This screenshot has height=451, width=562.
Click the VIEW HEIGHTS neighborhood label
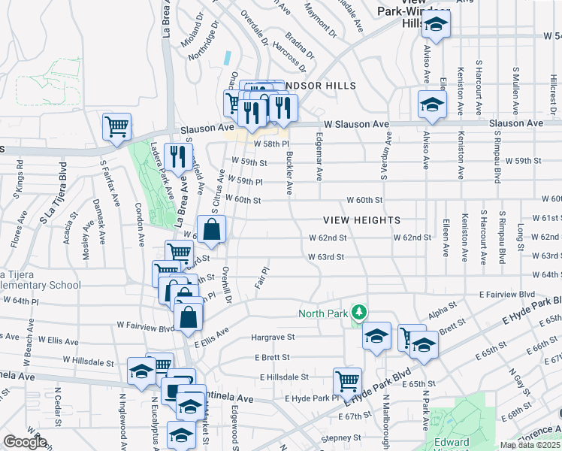pos(361,219)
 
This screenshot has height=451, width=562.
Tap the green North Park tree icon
pos(360,311)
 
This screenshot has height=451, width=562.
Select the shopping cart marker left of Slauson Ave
pos(117,128)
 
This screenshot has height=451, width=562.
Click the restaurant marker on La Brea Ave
pos(178,158)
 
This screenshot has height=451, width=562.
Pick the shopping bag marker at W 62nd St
pos(211,230)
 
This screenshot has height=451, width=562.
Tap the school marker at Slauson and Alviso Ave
pos(432,105)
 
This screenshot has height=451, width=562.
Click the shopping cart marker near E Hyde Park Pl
pos(347,382)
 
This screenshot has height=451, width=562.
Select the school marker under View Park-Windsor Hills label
pos(435,25)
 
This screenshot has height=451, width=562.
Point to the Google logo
pos(25,442)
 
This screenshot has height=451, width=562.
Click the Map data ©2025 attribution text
pos(530,445)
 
